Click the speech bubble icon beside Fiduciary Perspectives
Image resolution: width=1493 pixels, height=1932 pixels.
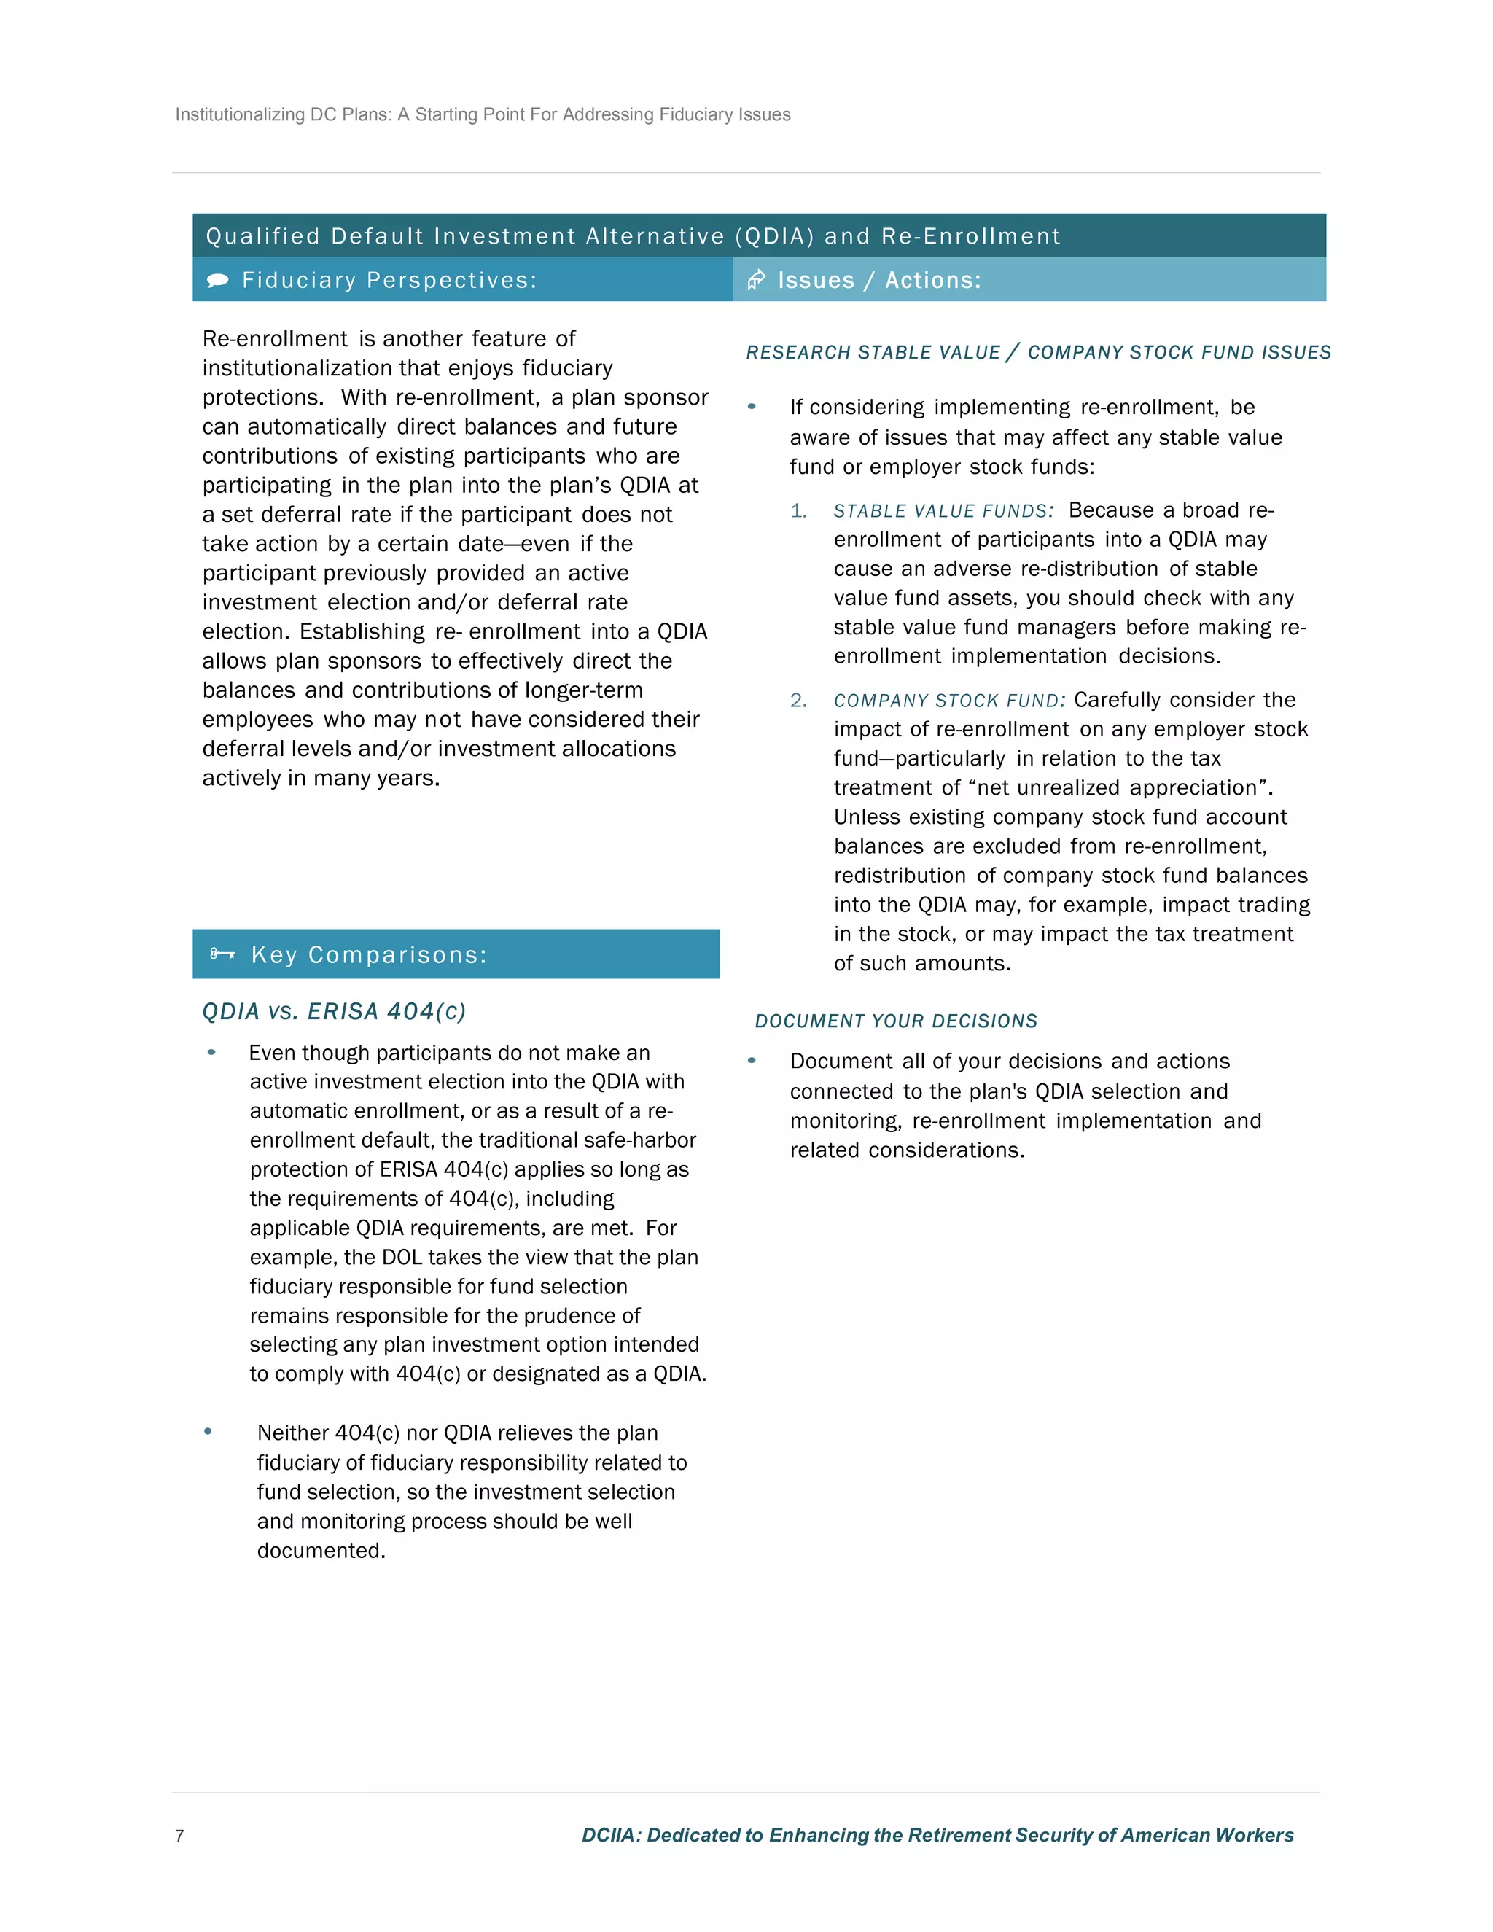tap(217, 281)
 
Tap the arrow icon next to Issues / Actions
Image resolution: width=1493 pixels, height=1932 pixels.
tap(756, 281)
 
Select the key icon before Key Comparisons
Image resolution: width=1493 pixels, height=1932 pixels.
tap(222, 954)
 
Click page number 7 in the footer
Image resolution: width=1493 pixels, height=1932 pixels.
tap(179, 1836)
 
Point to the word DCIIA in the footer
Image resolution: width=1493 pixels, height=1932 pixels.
tap(609, 1835)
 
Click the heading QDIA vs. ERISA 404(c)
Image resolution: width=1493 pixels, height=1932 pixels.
tap(333, 1011)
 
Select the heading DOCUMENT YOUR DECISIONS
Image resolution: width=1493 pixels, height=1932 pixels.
tap(895, 1021)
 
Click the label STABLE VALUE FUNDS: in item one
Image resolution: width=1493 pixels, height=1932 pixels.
tap(943, 511)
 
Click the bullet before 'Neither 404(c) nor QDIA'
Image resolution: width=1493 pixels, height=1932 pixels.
tap(208, 1431)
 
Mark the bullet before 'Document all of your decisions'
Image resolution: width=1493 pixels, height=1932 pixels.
tap(752, 1060)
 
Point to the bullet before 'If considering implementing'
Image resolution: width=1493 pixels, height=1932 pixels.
tap(752, 406)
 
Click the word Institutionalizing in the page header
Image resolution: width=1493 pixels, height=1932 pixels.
tap(240, 115)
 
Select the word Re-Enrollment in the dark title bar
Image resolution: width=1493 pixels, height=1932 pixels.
tap(970, 236)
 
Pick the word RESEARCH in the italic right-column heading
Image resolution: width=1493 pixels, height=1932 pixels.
tap(784, 352)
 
